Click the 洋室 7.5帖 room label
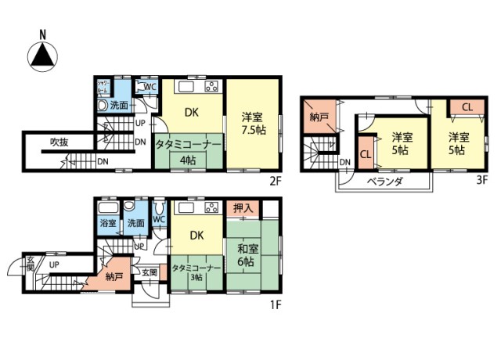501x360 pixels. coord(252,122)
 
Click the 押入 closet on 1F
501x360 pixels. coord(242,208)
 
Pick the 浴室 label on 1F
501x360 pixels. coord(107,223)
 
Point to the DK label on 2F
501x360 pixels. coord(192,113)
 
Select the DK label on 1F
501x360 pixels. coord(197,234)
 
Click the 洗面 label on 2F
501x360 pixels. coord(119,105)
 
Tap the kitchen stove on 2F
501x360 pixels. coord(212,85)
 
